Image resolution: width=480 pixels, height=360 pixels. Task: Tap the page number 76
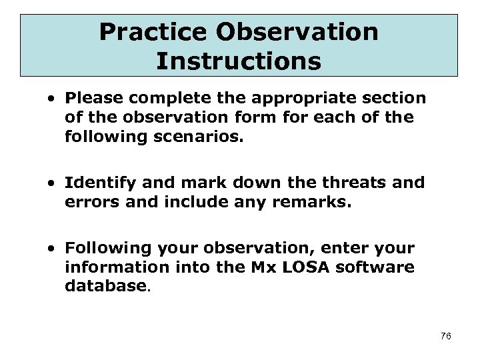[x=446, y=336]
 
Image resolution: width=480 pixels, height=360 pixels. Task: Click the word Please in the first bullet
[x=89, y=98]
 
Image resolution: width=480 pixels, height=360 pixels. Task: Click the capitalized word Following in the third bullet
[x=99, y=248]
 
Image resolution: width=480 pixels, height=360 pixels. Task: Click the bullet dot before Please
[x=51, y=99]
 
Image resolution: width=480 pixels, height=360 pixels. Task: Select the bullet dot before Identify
[x=51, y=183]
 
